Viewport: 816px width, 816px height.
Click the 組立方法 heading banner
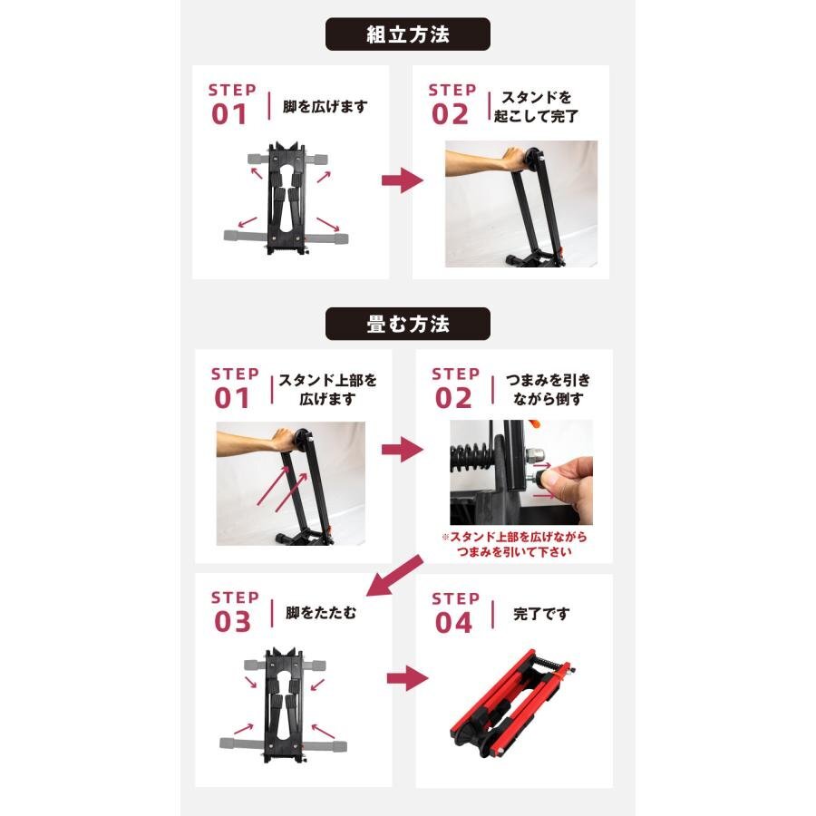point(407,34)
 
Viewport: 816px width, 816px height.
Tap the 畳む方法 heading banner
point(407,324)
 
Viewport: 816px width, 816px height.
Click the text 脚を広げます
point(325,106)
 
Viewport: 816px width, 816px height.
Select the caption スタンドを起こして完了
point(536,106)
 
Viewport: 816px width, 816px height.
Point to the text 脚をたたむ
point(321,613)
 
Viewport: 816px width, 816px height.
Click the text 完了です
point(541,614)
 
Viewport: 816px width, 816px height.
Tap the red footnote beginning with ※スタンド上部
point(514,544)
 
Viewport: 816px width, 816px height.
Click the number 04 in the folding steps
point(453,623)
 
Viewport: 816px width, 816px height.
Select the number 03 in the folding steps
point(233,622)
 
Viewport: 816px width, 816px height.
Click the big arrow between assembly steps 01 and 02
point(403,180)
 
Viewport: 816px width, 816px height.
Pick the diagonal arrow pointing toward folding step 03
point(394,576)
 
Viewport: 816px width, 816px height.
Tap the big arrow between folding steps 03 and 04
point(407,678)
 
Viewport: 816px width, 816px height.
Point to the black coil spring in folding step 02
point(470,458)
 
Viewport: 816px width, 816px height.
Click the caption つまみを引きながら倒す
point(548,390)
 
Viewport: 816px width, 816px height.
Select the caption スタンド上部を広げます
point(328,390)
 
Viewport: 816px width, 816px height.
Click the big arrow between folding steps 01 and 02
point(403,450)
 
